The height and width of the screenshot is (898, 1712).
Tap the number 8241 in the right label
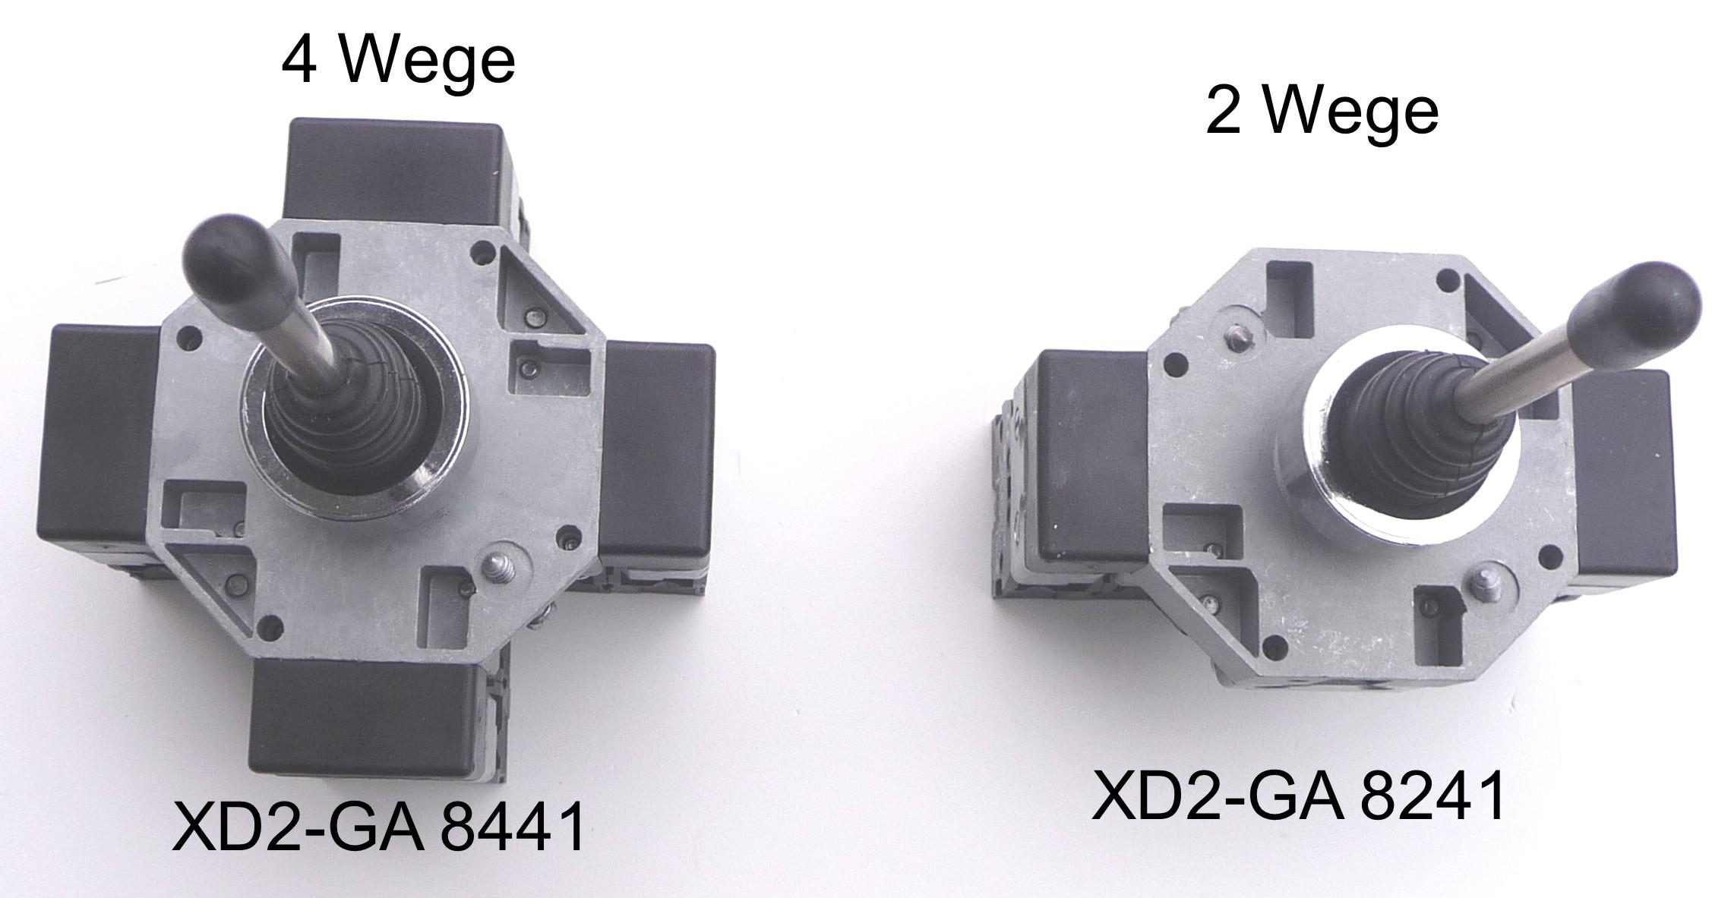pos(1432,796)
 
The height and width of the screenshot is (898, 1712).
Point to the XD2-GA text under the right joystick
pos(1218,796)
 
